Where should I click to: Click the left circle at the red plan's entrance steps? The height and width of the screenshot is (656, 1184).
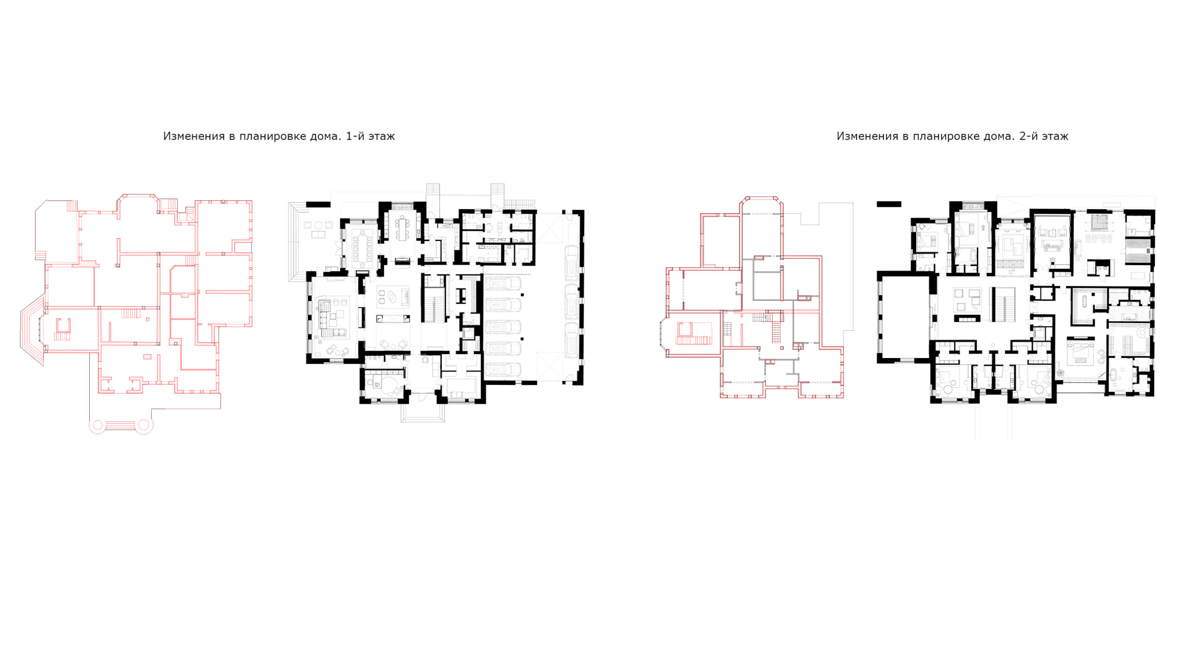pyautogui.click(x=98, y=425)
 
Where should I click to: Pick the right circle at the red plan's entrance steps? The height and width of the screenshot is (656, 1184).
pyautogui.click(x=144, y=425)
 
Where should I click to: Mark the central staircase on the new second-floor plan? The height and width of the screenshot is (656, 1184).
pyautogui.click(x=1003, y=303)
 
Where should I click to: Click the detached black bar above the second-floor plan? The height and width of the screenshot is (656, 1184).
pyautogui.click(x=889, y=204)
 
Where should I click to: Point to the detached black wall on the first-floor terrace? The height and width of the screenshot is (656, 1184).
pyautogui.click(x=318, y=204)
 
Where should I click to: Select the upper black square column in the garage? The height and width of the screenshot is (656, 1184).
pyautogui.click(x=523, y=295)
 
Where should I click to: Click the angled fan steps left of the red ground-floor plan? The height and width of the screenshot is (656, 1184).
pyautogui.click(x=31, y=330)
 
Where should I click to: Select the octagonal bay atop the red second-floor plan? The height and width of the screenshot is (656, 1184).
pyautogui.click(x=762, y=205)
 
